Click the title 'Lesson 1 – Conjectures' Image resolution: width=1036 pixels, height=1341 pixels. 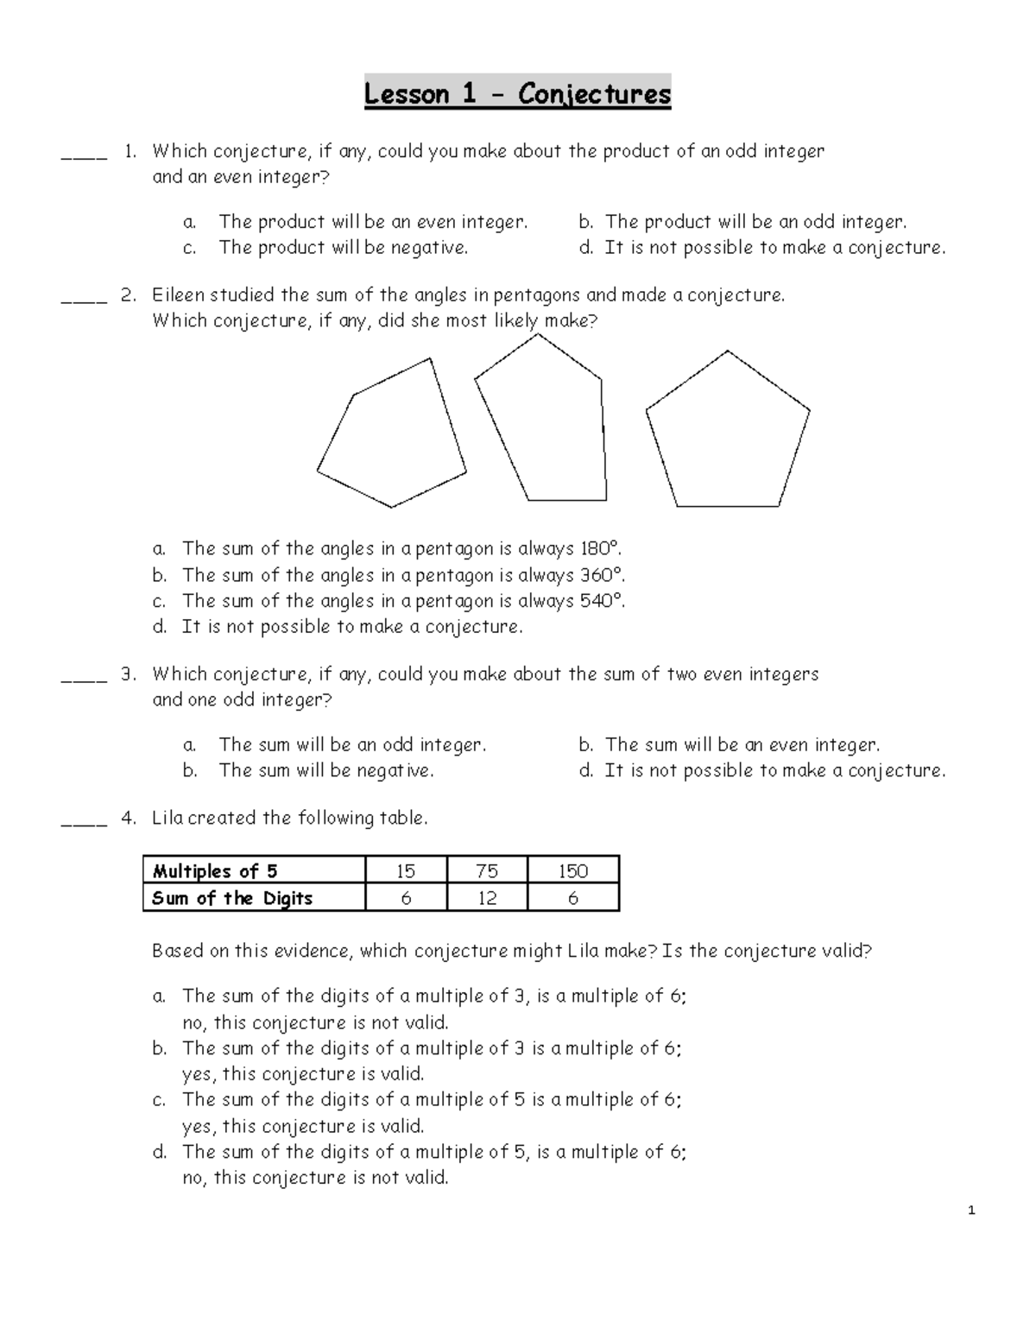click(517, 93)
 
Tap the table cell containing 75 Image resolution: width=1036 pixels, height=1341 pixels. click(487, 870)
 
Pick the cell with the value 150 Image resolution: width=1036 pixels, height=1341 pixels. click(573, 870)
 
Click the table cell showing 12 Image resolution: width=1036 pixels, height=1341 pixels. click(487, 898)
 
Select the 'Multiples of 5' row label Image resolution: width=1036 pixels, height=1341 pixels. click(215, 870)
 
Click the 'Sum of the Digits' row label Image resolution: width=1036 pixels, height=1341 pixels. click(232, 898)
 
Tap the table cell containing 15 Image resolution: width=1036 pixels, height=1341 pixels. click(406, 870)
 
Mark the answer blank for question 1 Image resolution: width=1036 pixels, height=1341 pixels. click(84, 156)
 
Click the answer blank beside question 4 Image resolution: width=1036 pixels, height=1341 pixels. click(84, 823)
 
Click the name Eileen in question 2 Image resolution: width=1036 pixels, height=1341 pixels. click(178, 295)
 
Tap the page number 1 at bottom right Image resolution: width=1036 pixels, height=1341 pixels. click(971, 1211)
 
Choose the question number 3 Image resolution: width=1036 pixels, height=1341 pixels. click(129, 674)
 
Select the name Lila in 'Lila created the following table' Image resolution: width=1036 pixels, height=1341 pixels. click(167, 818)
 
